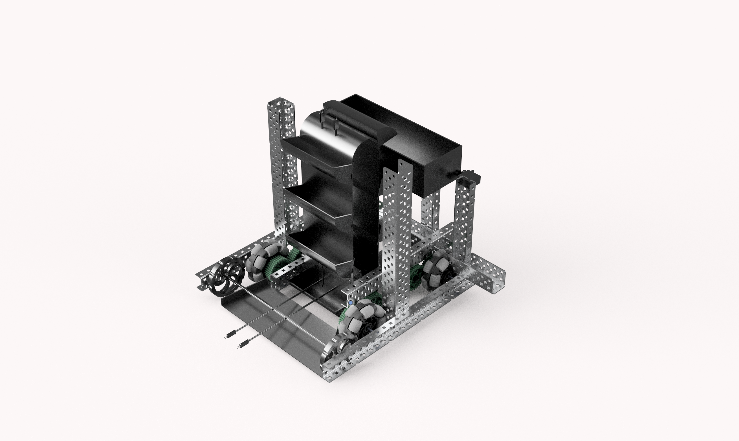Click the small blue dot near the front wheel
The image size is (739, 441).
point(351,303)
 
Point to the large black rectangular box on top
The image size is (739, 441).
point(416,140)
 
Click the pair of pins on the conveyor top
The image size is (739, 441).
point(329,122)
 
